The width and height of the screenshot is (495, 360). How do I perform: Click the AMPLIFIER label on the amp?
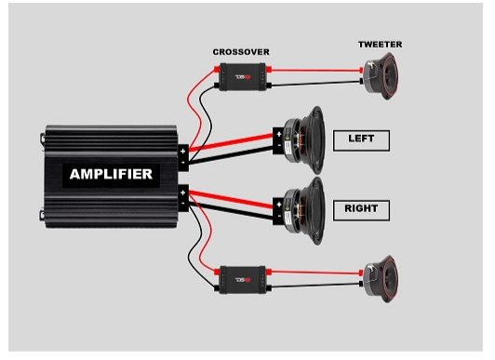tap(112, 173)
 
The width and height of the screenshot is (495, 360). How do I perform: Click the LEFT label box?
tap(361, 140)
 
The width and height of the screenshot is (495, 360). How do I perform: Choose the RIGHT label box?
tap(361, 210)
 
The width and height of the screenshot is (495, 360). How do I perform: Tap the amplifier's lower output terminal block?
tap(184, 198)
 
